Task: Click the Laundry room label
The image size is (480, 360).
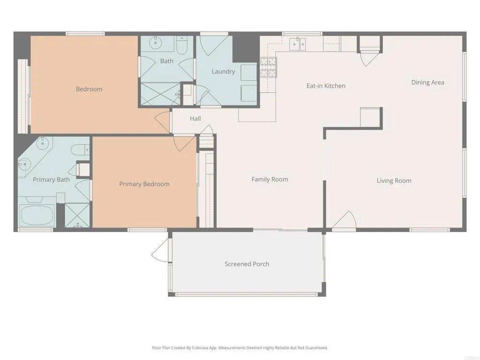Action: coord(223,72)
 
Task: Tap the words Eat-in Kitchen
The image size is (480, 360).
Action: coord(326,86)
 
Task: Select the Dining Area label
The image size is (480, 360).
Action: coord(427,82)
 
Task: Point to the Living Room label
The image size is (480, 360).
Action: coord(394,180)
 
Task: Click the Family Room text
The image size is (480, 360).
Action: coord(270,179)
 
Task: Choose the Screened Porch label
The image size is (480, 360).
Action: coord(247,264)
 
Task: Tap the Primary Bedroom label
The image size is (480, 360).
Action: coord(144,184)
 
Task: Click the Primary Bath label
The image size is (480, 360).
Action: coord(51,180)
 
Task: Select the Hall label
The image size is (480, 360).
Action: coord(195,119)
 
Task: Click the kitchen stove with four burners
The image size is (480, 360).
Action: coord(268,67)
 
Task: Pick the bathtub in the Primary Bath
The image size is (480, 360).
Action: coord(37,216)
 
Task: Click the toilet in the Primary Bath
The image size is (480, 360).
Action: coord(80,150)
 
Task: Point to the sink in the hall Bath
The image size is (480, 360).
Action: coord(155,44)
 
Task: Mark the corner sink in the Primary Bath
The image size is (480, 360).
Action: coord(24,164)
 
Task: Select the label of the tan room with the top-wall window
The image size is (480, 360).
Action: coord(89,89)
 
